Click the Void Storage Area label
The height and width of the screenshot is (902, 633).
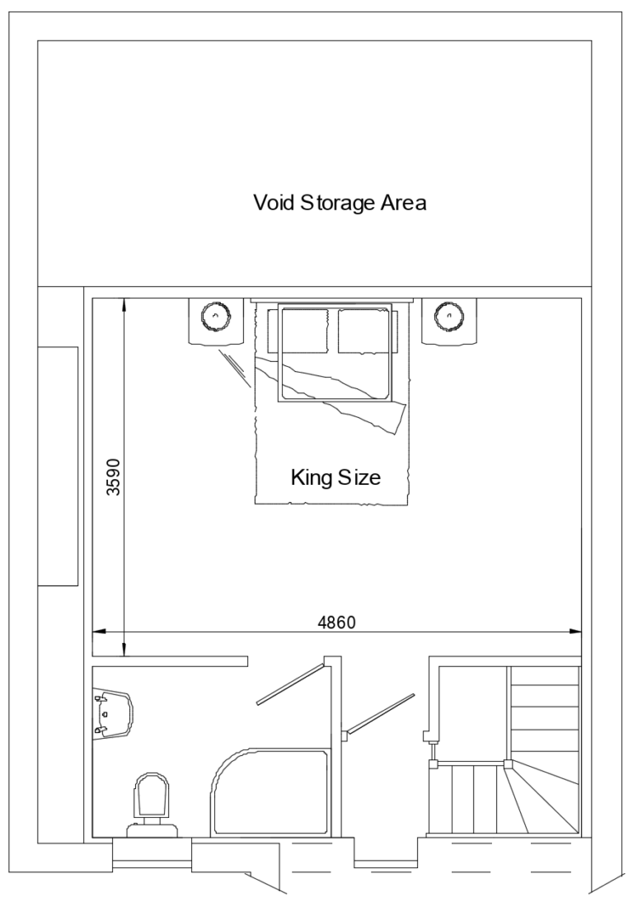339,203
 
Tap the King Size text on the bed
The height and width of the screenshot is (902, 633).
335,477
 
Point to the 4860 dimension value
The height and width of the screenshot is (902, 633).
336,622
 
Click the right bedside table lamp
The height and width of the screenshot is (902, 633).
448,315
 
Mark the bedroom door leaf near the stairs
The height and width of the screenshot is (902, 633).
381,713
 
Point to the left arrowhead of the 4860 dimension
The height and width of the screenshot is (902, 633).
98,632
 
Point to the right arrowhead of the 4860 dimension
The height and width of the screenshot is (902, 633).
575,632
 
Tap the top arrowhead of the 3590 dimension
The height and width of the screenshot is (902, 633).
123,303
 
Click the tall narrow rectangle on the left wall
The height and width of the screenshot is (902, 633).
58,466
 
